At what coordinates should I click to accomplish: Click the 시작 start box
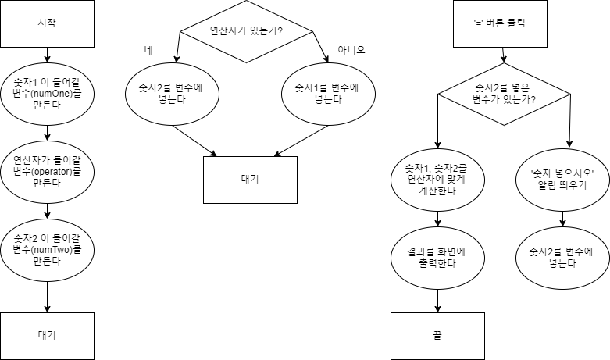click(48, 23)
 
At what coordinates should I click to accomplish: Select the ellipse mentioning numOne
click(48, 94)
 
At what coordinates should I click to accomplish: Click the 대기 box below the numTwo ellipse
click(48, 336)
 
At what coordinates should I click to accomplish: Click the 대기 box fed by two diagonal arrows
click(250, 180)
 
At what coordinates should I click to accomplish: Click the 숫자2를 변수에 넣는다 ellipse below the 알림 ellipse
click(563, 258)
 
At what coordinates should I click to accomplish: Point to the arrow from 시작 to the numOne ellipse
click(48, 55)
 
